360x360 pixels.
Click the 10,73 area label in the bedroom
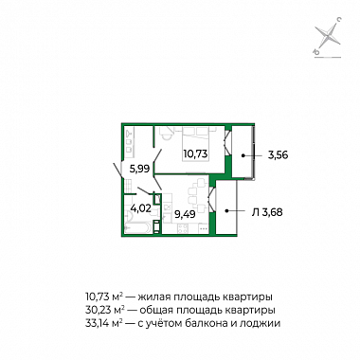pyautogui.click(x=195, y=153)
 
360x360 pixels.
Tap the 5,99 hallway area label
pyautogui.click(x=139, y=170)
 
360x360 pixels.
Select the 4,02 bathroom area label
pyautogui.click(x=140, y=209)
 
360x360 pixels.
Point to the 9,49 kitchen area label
pyautogui.click(x=185, y=214)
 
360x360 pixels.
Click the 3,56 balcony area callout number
pyautogui.click(x=278, y=155)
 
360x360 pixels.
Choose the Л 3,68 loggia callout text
pyautogui.click(x=267, y=212)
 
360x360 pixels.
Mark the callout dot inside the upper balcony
pyautogui.click(x=243, y=155)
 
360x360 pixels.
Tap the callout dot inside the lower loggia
pyautogui.click(x=226, y=210)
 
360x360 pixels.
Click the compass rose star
pyautogui.click(x=329, y=36)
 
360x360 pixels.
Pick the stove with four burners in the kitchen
pyautogui.click(x=183, y=228)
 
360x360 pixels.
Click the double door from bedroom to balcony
pyautogui.click(x=227, y=142)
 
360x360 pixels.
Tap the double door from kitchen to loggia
pyautogui.click(x=211, y=200)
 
